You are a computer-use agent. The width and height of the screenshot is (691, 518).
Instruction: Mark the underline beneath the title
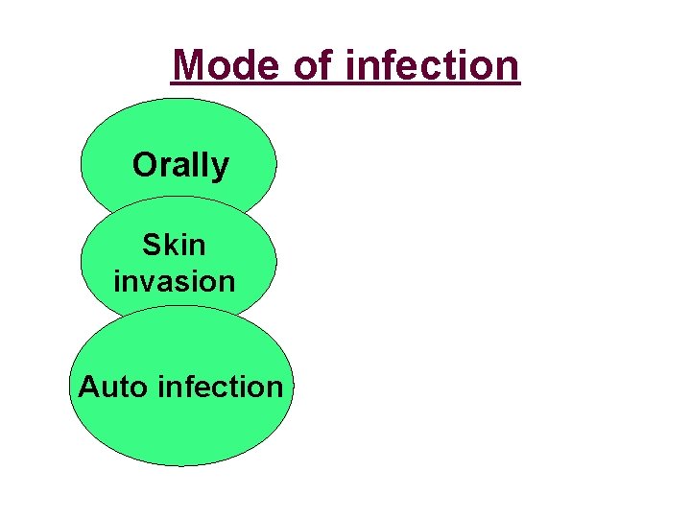point(345,86)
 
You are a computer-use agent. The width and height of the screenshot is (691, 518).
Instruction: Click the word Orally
point(180,166)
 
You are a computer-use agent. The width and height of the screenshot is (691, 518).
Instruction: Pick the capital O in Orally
point(145,165)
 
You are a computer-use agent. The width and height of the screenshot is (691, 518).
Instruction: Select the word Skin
point(174,246)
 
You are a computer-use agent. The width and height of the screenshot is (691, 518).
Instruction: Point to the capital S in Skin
point(152,246)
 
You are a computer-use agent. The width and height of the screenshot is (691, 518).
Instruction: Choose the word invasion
point(174,282)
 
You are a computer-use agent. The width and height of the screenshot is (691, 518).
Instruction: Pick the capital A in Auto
point(88,387)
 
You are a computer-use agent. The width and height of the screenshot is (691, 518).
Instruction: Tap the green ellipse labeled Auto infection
point(180,432)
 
